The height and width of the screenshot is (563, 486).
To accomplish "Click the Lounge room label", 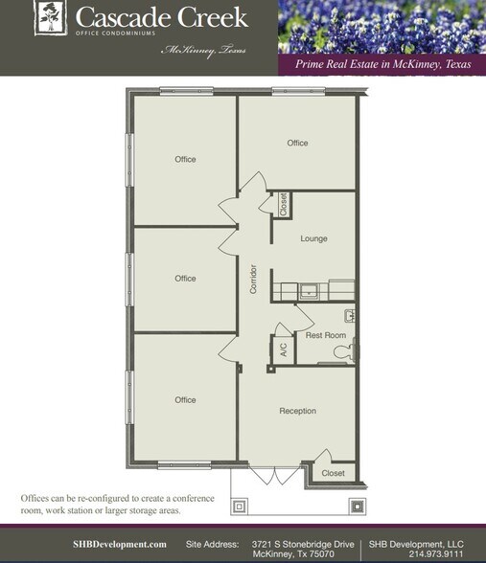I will (x=313, y=238).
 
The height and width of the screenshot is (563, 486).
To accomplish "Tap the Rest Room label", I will (x=325, y=335).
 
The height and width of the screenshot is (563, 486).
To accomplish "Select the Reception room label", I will (x=297, y=411).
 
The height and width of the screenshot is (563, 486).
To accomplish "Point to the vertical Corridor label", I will (x=253, y=278).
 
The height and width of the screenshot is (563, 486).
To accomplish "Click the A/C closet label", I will (x=284, y=349).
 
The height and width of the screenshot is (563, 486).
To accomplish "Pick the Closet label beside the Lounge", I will (x=283, y=204).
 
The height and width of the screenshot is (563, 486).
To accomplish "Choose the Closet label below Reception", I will (x=333, y=473).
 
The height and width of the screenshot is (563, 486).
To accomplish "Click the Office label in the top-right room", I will (x=297, y=143).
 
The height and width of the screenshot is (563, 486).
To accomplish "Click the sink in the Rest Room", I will (x=351, y=315).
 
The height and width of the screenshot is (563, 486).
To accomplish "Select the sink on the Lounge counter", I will (x=310, y=290).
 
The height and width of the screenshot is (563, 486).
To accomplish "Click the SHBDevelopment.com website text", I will (x=120, y=544).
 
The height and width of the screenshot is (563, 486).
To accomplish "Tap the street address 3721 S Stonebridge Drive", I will (x=303, y=544).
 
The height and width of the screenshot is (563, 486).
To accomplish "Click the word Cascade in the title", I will (x=114, y=17).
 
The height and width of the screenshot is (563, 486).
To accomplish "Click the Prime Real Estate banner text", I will (x=380, y=64).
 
